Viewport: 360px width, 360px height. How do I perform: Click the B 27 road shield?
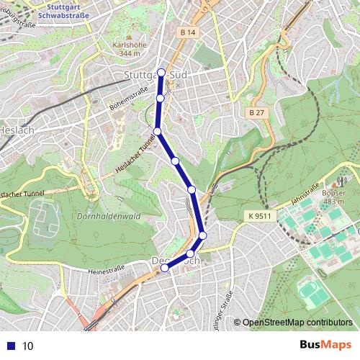pyautogui.click(x=256, y=113)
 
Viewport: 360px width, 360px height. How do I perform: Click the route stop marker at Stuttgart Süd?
pyautogui.click(x=161, y=72)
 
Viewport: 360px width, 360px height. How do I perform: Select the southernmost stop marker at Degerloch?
pyautogui.click(x=165, y=268)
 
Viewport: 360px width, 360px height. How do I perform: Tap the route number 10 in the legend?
pyautogui.click(x=28, y=346)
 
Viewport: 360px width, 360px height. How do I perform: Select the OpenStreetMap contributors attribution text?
pyautogui.click(x=297, y=323)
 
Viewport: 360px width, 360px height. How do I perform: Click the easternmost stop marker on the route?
pyautogui.click(x=203, y=235)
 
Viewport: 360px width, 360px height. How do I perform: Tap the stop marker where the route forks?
pyautogui.click(x=157, y=131)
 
